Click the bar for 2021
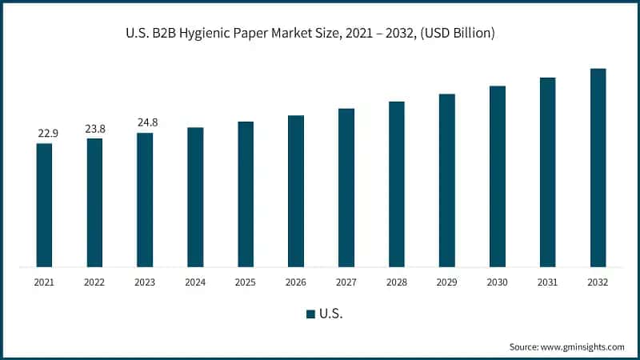(x=44, y=205)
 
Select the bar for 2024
(x=195, y=197)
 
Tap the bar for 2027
(x=346, y=187)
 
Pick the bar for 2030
(x=498, y=176)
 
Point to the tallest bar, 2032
(x=598, y=167)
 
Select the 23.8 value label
(x=94, y=128)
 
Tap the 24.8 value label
(x=145, y=122)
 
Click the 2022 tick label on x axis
(x=94, y=282)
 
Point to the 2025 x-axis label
(x=246, y=282)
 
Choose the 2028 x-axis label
(x=397, y=282)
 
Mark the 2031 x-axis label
(x=548, y=282)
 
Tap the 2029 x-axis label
(x=447, y=282)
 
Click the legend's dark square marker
(x=310, y=314)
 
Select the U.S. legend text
(x=330, y=314)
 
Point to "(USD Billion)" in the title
(x=458, y=34)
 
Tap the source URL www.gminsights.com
(x=583, y=346)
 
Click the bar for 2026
(x=296, y=190)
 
